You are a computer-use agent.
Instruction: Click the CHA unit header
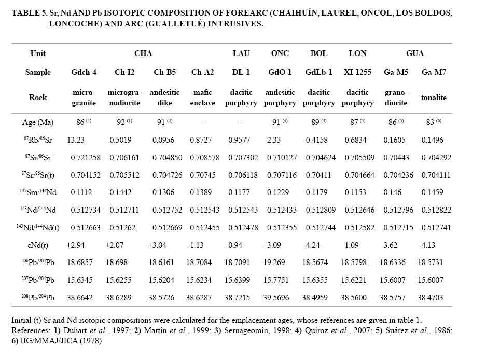pyautogui.click(x=143, y=53)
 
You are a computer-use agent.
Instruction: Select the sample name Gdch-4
pyautogui.click(x=84, y=73)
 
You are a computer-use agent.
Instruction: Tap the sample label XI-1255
pyautogui.click(x=357, y=73)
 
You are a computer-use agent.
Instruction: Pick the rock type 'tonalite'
pyautogui.click(x=434, y=98)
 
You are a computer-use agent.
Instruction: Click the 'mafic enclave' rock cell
pyautogui.click(x=203, y=98)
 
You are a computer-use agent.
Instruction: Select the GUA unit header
pyautogui.click(x=415, y=53)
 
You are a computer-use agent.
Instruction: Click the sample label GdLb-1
pyautogui.click(x=319, y=73)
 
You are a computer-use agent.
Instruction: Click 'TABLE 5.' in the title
pyautogui.click(x=29, y=14)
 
